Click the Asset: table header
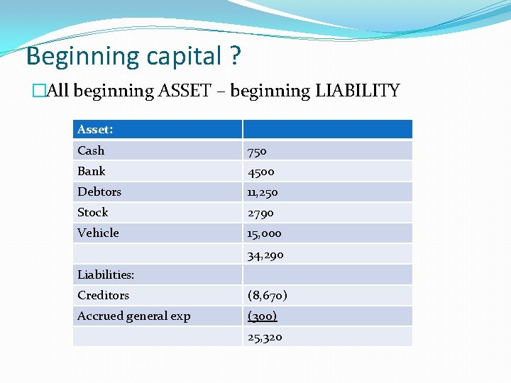click(x=95, y=129)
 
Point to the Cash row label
click(x=91, y=150)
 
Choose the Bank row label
click(x=91, y=171)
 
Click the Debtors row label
click(x=99, y=191)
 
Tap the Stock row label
click(x=93, y=212)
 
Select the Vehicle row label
click(x=98, y=233)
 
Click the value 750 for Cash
click(x=257, y=151)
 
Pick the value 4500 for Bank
click(x=260, y=172)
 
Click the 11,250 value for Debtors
click(x=263, y=192)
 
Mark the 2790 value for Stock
click(x=260, y=213)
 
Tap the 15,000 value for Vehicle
click(x=264, y=233)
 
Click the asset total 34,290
click(x=265, y=255)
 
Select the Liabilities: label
click(x=106, y=274)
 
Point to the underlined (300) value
click(x=262, y=316)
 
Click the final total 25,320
click(x=265, y=337)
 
